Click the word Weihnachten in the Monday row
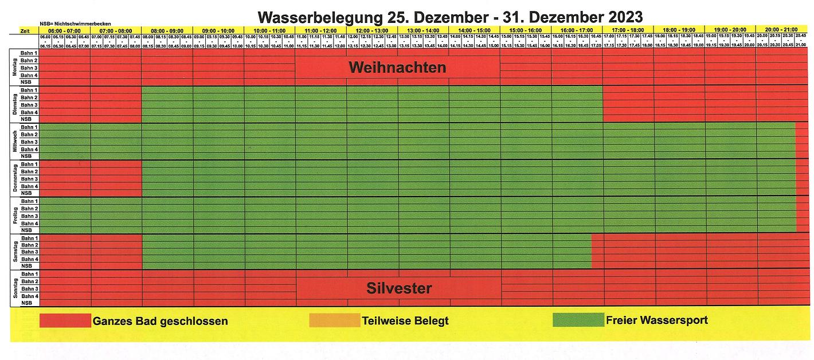tap(397, 68)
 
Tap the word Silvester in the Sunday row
tap(399, 288)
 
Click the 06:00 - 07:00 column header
tap(64, 30)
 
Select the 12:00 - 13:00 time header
tap(371, 30)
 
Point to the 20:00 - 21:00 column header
tap(781, 30)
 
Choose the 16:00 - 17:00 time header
tap(577, 30)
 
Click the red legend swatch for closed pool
tap(65, 320)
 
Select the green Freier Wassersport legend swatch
tap(578, 320)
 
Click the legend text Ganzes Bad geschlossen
tap(160, 321)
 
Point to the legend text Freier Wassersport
tap(656, 320)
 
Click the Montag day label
tap(15, 68)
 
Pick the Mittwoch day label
tap(15, 142)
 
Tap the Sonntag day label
tap(15, 288)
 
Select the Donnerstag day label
tap(15, 178)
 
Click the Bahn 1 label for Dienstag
tap(29, 90)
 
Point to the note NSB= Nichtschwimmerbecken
tap(75, 23)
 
